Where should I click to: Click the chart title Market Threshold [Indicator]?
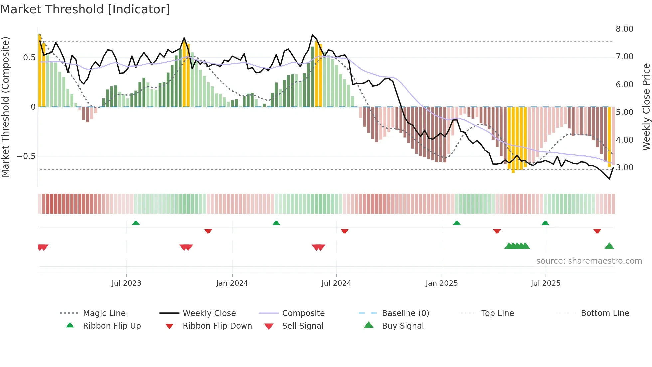(x=85, y=9)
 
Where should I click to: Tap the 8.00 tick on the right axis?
(x=624, y=29)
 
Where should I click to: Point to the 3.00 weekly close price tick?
(x=624, y=168)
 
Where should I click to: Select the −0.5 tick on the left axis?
(x=26, y=156)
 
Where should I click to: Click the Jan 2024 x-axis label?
(x=232, y=283)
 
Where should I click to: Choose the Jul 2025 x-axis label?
(x=545, y=283)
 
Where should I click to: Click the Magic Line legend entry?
(x=104, y=313)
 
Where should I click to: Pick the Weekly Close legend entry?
(x=209, y=313)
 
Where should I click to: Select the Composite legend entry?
(x=303, y=313)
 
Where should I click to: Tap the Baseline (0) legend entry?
(x=405, y=313)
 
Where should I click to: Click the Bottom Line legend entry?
(x=605, y=313)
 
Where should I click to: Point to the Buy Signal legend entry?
(x=403, y=326)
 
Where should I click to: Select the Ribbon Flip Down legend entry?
(x=217, y=326)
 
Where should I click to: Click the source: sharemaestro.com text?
(x=589, y=261)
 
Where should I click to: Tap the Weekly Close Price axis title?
(x=646, y=107)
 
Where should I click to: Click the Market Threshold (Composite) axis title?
(x=5, y=107)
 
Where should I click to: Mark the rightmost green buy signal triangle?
(x=609, y=246)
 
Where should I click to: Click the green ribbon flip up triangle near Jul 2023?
(x=136, y=223)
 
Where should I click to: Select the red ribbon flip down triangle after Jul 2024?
(x=344, y=231)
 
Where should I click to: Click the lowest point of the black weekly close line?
(x=609, y=179)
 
